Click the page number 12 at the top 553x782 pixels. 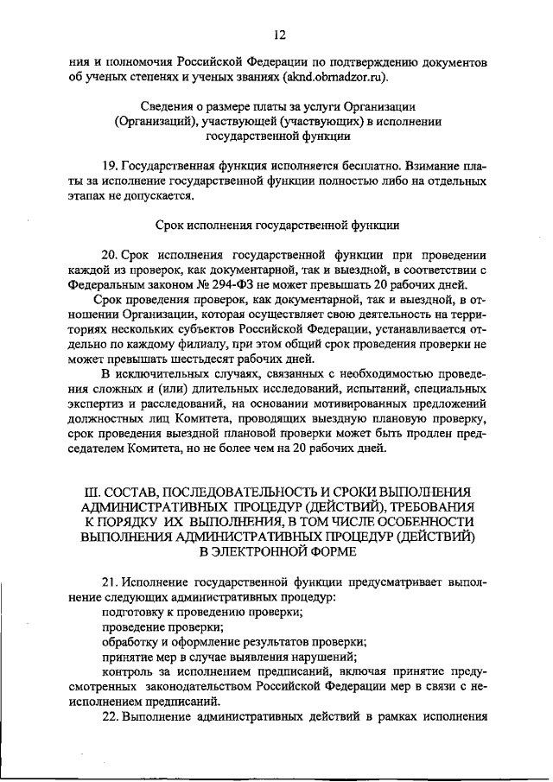(x=278, y=35)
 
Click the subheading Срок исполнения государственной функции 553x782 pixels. (x=277, y=225)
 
